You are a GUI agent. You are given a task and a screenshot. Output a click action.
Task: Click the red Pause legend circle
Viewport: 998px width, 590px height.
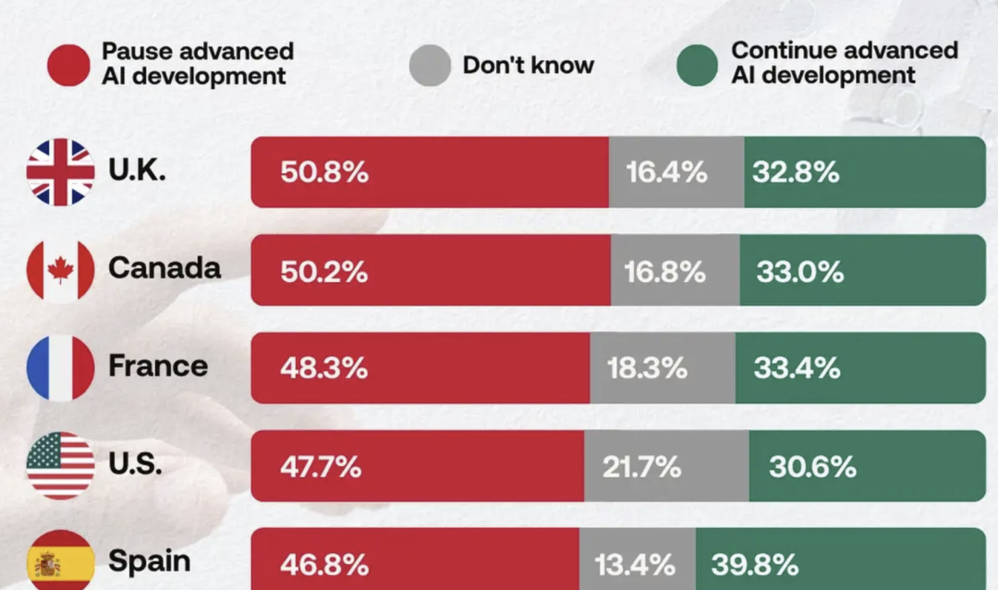[x=68, y=65]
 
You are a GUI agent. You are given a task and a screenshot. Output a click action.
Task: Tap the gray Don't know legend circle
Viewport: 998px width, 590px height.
[x=431, y=65]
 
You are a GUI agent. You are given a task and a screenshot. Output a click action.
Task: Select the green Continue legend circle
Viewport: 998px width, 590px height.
[x=697, y=65]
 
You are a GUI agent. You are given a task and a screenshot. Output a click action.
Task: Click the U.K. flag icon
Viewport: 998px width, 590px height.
[x=60, y=172]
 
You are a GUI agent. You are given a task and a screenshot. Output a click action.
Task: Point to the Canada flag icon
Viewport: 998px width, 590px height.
[x=60, y=270]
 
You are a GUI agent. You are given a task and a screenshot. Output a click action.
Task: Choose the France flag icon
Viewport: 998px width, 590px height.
[x=60, y=368]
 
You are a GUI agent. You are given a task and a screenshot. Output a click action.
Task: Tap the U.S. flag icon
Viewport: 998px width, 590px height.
[x=60, y=466]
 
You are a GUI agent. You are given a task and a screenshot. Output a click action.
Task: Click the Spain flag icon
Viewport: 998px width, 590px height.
[x=60, y=560]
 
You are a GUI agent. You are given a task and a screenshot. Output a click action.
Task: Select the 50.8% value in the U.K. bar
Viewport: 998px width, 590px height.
[x=324, y=172]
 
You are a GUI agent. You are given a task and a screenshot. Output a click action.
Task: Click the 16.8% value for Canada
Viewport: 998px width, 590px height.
[x=665, y=272]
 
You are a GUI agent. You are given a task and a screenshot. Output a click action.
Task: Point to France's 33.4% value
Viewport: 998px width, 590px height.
[x=797, y=368]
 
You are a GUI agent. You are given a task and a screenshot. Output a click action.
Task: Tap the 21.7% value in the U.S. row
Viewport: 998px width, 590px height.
[x=641, y=467]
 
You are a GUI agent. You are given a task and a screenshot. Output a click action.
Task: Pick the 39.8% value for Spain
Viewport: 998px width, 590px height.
[x=755, y=564]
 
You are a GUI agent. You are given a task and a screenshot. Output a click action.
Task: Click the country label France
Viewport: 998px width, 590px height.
[x=158, y=366]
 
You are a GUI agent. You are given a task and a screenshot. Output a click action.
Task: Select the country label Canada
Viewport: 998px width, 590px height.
[x=164, y=268]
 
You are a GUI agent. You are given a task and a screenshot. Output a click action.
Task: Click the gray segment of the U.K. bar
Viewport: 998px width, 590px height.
[x=676, y=172]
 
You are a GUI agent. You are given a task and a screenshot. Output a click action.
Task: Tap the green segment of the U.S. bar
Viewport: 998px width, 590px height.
[x=868, y=466]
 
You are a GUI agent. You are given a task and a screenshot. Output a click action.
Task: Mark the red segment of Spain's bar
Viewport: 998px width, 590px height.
[x=415, y=559]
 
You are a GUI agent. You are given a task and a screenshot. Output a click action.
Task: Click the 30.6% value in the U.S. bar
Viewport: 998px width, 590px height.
[x=813, y=467]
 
